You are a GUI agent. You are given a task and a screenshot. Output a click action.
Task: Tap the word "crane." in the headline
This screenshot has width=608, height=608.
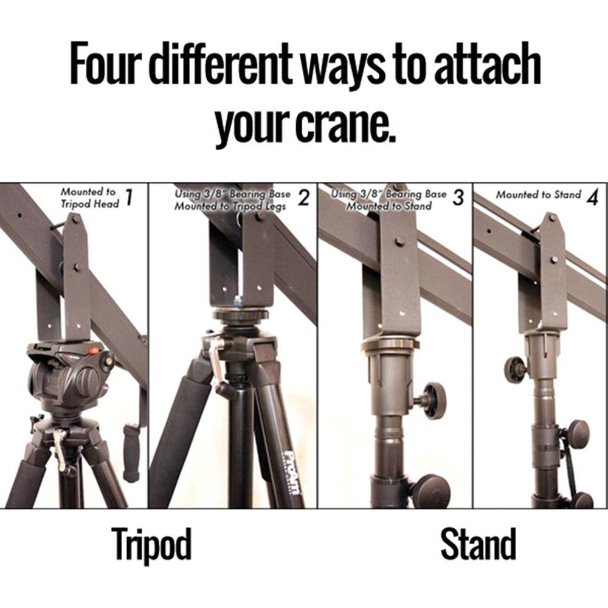pyautogui.click(x=345, y=123)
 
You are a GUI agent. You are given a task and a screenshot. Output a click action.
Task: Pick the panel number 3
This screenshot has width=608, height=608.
pyautogui.click(x=458, y=198)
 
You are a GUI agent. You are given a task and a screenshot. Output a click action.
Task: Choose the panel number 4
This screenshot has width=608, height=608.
pyautogui.click(x=592, y=198)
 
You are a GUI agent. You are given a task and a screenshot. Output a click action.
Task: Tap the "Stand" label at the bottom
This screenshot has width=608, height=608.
pyautogui.click(x=478, y=544)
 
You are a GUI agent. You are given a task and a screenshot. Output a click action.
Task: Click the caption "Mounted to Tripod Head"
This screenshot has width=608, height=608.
pyautogui.click(x=89, y=198)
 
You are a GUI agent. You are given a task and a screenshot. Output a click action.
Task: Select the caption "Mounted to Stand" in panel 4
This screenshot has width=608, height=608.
pyautogui.click(x=539, y=195)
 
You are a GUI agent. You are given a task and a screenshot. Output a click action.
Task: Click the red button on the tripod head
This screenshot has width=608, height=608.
pyautogui.click(x=94, y=351)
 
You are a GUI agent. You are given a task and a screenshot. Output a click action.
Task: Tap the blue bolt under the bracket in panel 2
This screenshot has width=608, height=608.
pyautogui.click(x=237, y=300)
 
